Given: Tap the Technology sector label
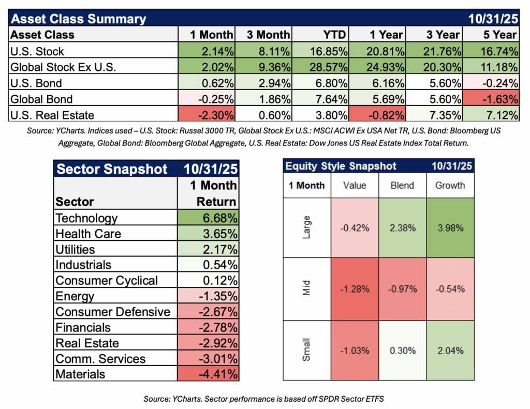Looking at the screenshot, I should coord(86,218).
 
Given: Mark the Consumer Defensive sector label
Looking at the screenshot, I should coord(113,312).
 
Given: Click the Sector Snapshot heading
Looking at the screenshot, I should coord(112,169).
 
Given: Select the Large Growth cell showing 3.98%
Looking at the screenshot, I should coord(450,228).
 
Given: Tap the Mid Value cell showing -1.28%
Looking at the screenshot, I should coord(355,289).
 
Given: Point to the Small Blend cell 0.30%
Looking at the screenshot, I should coord(402,350).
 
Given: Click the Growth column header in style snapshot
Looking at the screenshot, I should coord(450,185).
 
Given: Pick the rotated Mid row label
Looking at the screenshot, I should coord(307,289).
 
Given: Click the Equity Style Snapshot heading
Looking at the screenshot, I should coord(341,166).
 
